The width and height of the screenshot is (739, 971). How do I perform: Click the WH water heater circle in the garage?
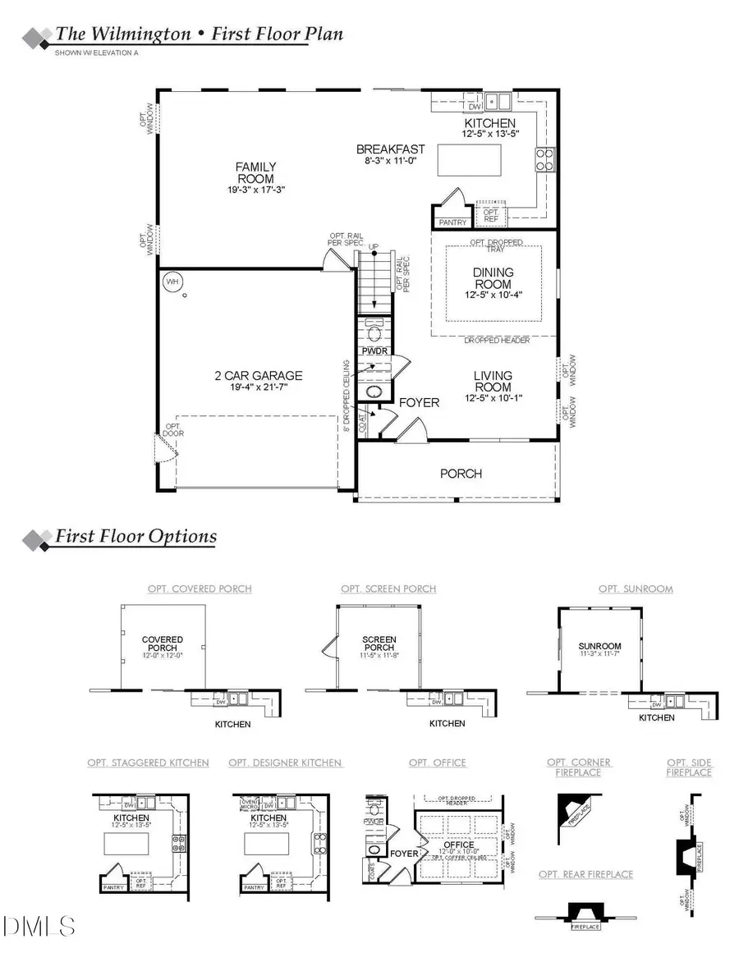172,282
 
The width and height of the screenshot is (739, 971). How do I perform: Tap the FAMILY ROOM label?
255,172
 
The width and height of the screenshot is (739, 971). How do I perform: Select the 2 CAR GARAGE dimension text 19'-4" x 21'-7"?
259,389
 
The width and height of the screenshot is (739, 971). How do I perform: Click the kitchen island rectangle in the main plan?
469,158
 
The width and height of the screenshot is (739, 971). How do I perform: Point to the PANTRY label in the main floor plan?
452,222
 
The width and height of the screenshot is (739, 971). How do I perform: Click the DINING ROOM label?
493,278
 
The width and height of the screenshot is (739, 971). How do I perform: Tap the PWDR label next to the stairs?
374,350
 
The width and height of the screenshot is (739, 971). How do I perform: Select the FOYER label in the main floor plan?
419,402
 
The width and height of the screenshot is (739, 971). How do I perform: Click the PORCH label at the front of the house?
461,474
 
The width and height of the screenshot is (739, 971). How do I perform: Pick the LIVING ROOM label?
493,381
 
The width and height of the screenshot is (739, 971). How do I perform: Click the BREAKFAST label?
390,149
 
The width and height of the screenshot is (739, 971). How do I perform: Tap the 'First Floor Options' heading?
135,537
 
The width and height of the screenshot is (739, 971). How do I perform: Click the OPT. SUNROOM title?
636,589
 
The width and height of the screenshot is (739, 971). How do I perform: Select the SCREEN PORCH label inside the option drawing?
379,644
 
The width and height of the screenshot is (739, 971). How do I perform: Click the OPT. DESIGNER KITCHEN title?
285,763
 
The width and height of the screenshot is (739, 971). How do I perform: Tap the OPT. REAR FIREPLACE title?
585,874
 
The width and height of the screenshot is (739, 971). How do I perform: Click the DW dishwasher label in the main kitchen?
474,106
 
